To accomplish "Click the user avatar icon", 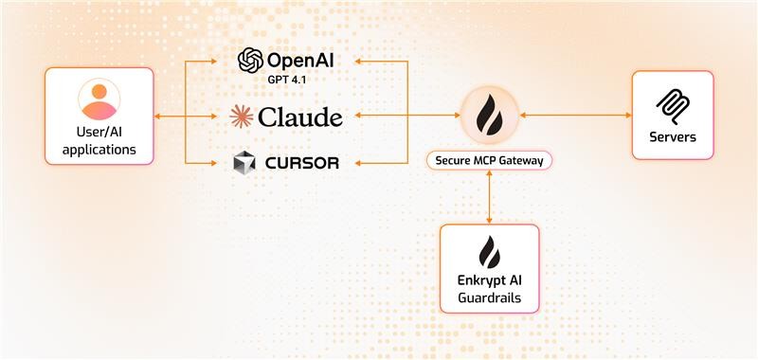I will coord(99,97).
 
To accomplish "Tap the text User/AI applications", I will coord(99,141).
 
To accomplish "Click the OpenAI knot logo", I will coord(250,61).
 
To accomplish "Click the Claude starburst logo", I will coord(244,117).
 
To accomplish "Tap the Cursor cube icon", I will coord(244,163).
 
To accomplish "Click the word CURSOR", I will coord(301,163).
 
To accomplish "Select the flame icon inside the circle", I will coord(489,115).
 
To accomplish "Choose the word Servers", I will coord(673,137).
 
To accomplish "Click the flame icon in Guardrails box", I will coord(489,252).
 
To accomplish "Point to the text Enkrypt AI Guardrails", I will coord(489,290).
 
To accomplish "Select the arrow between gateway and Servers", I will coord(575,116).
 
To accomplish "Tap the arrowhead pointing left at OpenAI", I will coord(357,62).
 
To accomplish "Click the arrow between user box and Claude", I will coord(190,117).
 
